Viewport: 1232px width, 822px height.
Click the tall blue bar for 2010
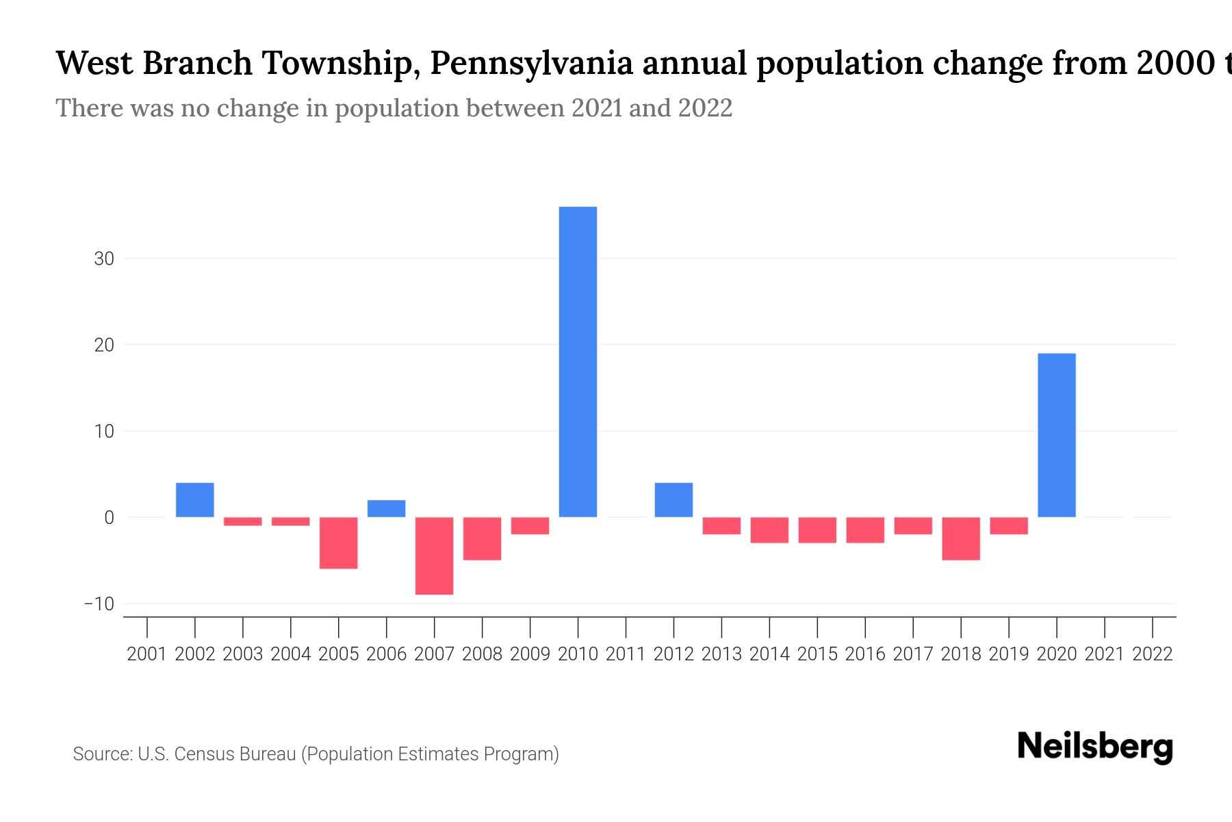point(578,362)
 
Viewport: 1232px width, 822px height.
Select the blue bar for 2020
point(1056,435)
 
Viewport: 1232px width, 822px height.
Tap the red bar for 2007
point(434,556)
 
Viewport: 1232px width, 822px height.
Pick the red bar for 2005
point(339,543)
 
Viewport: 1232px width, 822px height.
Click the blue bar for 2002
point(195,500)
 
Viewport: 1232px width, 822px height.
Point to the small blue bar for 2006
point(386,508)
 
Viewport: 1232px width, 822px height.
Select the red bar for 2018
point(961,538)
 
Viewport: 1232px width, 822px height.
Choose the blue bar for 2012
point(673,500)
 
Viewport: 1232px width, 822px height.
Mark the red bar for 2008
point(482,538)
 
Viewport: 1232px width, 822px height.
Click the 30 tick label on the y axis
point(104,259)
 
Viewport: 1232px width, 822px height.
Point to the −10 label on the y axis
point(99,604)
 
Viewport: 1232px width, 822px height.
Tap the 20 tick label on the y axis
point(104,345)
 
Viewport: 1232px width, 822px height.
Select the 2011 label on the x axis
point(626,654)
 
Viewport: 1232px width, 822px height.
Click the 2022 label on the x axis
point(1153,654)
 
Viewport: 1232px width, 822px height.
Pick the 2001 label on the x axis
point(147,654)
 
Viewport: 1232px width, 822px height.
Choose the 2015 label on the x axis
point(817,654)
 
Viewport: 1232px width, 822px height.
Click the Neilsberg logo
point(1095,747)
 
